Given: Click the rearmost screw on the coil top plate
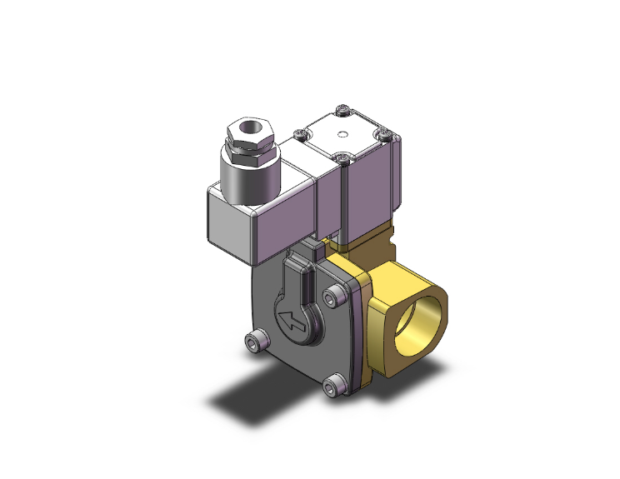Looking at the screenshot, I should click(x=343, y=109).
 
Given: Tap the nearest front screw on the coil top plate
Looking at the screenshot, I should click(x=342, y=156).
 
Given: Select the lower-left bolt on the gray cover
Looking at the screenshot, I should click(x=257, y=341).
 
